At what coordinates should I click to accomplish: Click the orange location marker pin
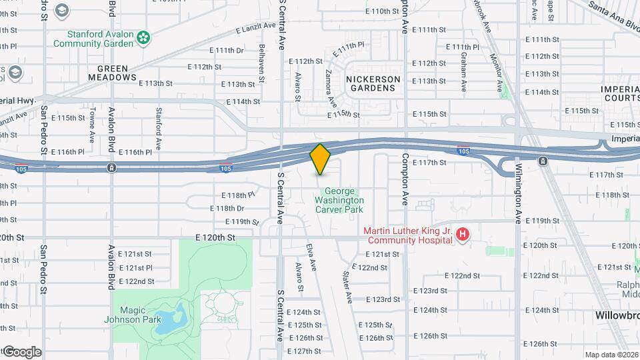[321, 159]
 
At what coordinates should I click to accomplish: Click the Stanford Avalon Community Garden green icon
[143, 39]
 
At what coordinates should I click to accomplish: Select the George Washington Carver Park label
[339, 200]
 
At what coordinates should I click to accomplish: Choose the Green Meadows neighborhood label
[112, 73]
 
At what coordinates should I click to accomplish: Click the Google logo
[21, 351]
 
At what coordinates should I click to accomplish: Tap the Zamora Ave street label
[329, 89]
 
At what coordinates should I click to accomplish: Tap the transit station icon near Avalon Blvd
[111, 167]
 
